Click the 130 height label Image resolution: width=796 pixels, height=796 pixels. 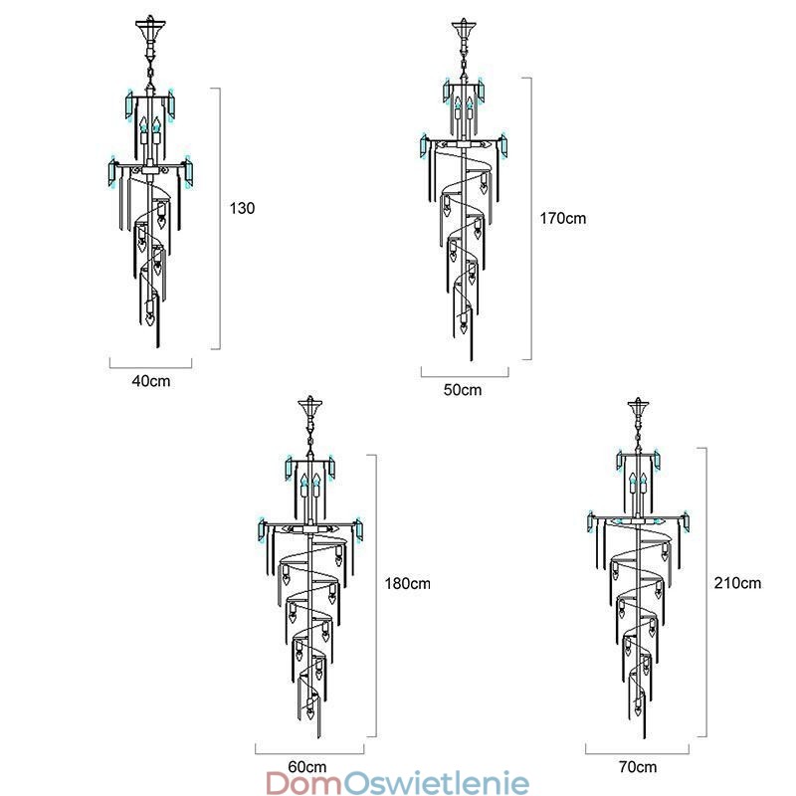242,208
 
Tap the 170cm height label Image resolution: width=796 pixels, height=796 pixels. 562,218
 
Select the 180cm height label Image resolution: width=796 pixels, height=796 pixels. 408,583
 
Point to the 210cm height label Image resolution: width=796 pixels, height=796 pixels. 737,583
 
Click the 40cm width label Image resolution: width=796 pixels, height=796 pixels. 151,381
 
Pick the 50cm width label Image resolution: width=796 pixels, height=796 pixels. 463,390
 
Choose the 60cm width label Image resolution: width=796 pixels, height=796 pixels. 307,766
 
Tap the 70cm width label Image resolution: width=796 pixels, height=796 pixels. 638,766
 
